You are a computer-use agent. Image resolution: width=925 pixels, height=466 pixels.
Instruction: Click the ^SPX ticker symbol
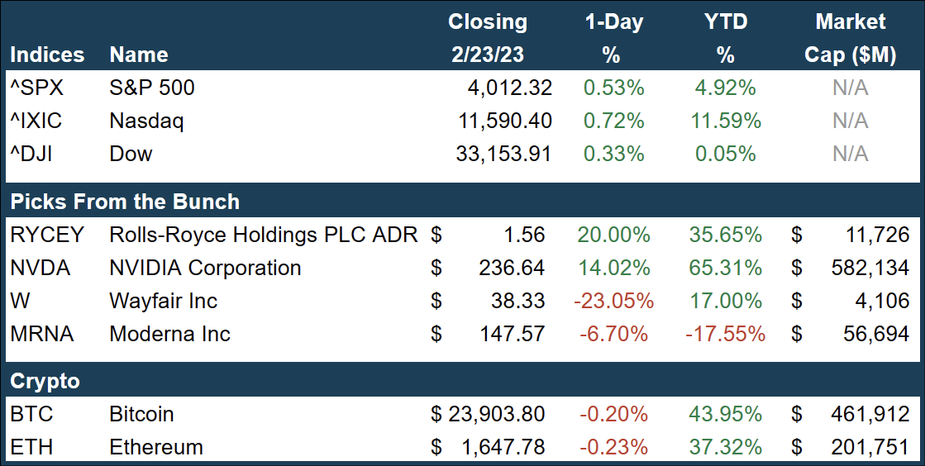pos(36,88)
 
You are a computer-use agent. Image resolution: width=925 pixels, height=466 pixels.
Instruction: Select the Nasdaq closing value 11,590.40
pos(504,121)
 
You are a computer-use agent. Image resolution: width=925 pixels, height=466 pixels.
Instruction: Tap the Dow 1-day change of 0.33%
pos(614,154)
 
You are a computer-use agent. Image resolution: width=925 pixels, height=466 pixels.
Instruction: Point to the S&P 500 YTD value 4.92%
pos(725,88)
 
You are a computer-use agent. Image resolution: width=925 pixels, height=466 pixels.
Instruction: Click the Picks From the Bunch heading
pos(125,202)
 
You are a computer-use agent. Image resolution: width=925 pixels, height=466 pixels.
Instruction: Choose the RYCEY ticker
pos(47,235)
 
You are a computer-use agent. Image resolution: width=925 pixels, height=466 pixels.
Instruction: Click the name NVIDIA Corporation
pos(205,268)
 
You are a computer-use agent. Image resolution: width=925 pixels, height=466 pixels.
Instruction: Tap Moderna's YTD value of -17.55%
pos(726,334)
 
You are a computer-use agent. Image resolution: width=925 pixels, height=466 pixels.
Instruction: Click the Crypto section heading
pos(45,381)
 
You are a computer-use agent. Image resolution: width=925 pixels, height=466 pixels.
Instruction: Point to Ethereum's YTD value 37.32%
pos(725,447)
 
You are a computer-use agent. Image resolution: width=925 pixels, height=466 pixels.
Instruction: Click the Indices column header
pos(47,55)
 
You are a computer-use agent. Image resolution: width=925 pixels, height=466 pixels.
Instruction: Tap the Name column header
pos(139,55)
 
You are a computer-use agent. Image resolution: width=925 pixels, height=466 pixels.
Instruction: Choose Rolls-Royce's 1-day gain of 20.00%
pos(614,235)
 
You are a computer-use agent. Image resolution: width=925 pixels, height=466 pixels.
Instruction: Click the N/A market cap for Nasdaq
pos(850,121)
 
